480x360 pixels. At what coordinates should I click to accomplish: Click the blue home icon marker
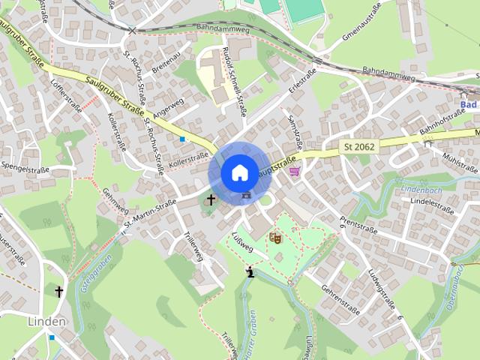point(238,172)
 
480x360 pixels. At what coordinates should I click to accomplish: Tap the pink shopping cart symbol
point(295,171)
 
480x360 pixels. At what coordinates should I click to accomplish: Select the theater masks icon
point(276,238)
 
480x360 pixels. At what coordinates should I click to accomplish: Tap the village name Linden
point(46,321)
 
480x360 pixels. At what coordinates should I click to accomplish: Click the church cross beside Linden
point(58,290)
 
